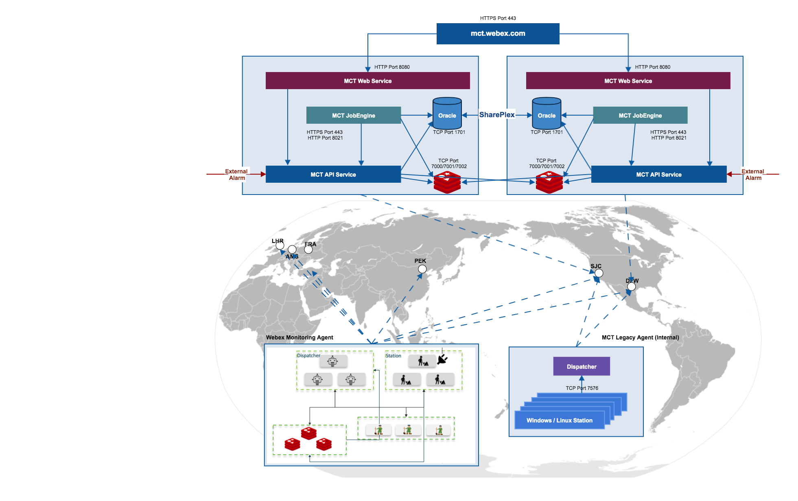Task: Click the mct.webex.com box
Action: click(498, 33)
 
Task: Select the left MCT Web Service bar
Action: click(367, 81)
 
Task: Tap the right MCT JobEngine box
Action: click(640, 115)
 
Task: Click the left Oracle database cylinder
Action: click(447, 113)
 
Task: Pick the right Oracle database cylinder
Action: click(547, 113)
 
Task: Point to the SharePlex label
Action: click(497, 115)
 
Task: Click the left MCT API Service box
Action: click(333, 174)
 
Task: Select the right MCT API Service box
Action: click(659, 174)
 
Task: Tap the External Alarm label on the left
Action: click(236, 175)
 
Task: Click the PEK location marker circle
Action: click(422, 269)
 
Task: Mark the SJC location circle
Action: click(599, 273)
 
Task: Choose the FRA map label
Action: click(310, 244)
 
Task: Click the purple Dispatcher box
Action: click(582, 366)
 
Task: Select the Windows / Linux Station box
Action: click(560, 420)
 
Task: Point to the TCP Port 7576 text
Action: click(582, 388)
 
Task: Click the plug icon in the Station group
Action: click(442, 359)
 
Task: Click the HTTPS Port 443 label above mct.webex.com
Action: click(498, 18)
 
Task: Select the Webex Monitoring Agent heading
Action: click(300, 337)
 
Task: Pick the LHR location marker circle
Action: click(280, 245)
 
